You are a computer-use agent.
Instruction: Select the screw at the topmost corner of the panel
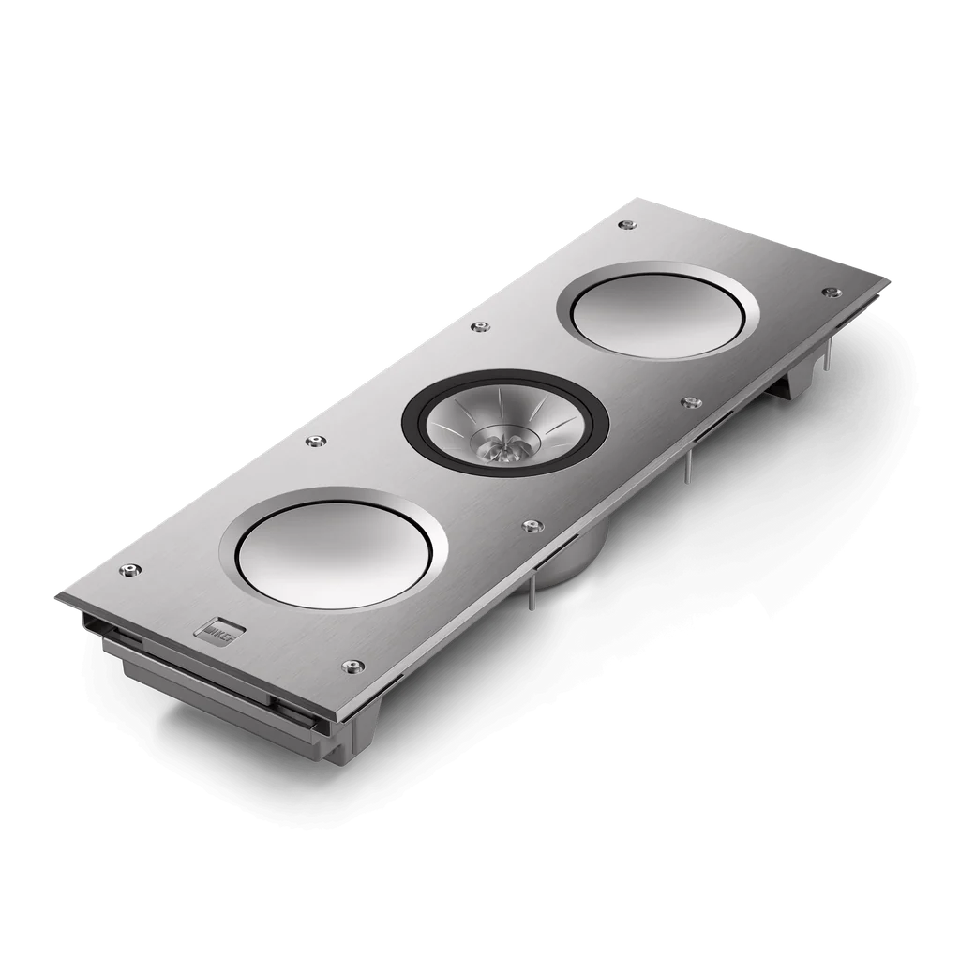(624, 224)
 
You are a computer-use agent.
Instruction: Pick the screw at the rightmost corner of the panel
(828, 292)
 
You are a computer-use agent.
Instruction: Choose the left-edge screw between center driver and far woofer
(481, 326)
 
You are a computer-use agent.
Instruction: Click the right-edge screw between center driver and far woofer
(691, 403)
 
